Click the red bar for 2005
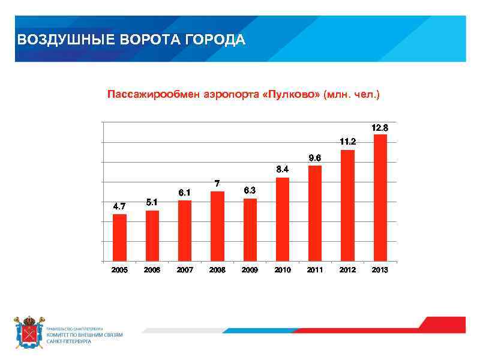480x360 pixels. pyautogui.click(x=119, y=238)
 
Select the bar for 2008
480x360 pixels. pyautogui.click(x=217, y=227)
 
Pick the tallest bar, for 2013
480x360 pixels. pyautogui.click(x=380, y=199)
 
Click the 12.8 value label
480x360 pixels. pyautogui.click(x=380, y=128)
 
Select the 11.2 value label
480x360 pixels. pyautogui.click(x=347, y=143)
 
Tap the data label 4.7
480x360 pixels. pyautogui.click(x=119, y=207)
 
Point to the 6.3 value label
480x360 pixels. pyautogui.click(x=250, y=191)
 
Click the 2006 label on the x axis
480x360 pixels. pyautogui.click(x=152, y=270)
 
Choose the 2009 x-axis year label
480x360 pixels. pyautogui.click(x=250, y=270)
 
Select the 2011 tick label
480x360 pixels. pyautogui.click(x=315, y=270)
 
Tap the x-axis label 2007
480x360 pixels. pyautogui.click(x=185, y=270)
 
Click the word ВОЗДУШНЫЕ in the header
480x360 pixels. pyautogui.click(x=55, y=40)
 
